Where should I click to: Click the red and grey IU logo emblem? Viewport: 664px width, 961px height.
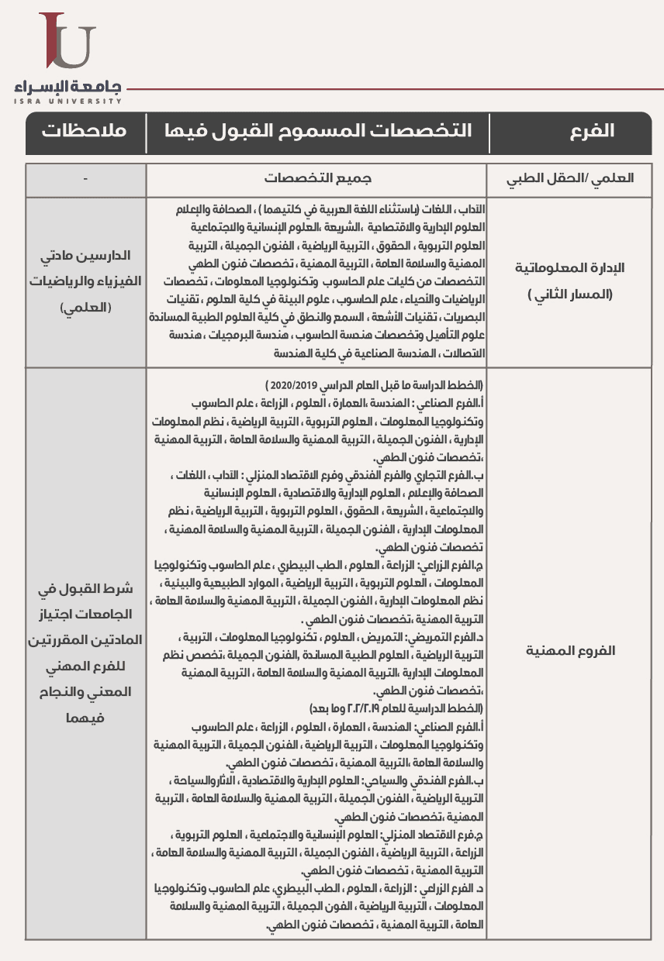(x=67, y=42)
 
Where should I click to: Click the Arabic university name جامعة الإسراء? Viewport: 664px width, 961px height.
(x=68, y=85)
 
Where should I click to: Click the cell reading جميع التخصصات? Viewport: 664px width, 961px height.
(x=317, y=178)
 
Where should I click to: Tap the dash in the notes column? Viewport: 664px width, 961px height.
(x=85, y=178)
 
